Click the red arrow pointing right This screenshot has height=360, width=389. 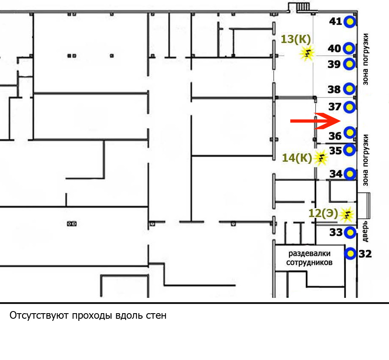click(315, 121)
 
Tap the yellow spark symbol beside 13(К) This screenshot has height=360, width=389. click(307, 53)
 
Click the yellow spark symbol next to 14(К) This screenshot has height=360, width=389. click(320, 157)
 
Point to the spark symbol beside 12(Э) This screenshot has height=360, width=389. click(346, 214)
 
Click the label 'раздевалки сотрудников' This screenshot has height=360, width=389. click(309, 258)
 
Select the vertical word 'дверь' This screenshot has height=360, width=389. click(365, 231)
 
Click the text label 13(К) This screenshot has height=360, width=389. click(296, 39)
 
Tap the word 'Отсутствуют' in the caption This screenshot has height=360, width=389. click(39, 316)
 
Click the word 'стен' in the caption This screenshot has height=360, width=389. click(156, 316)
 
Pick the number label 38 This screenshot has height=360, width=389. click(334, 89)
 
